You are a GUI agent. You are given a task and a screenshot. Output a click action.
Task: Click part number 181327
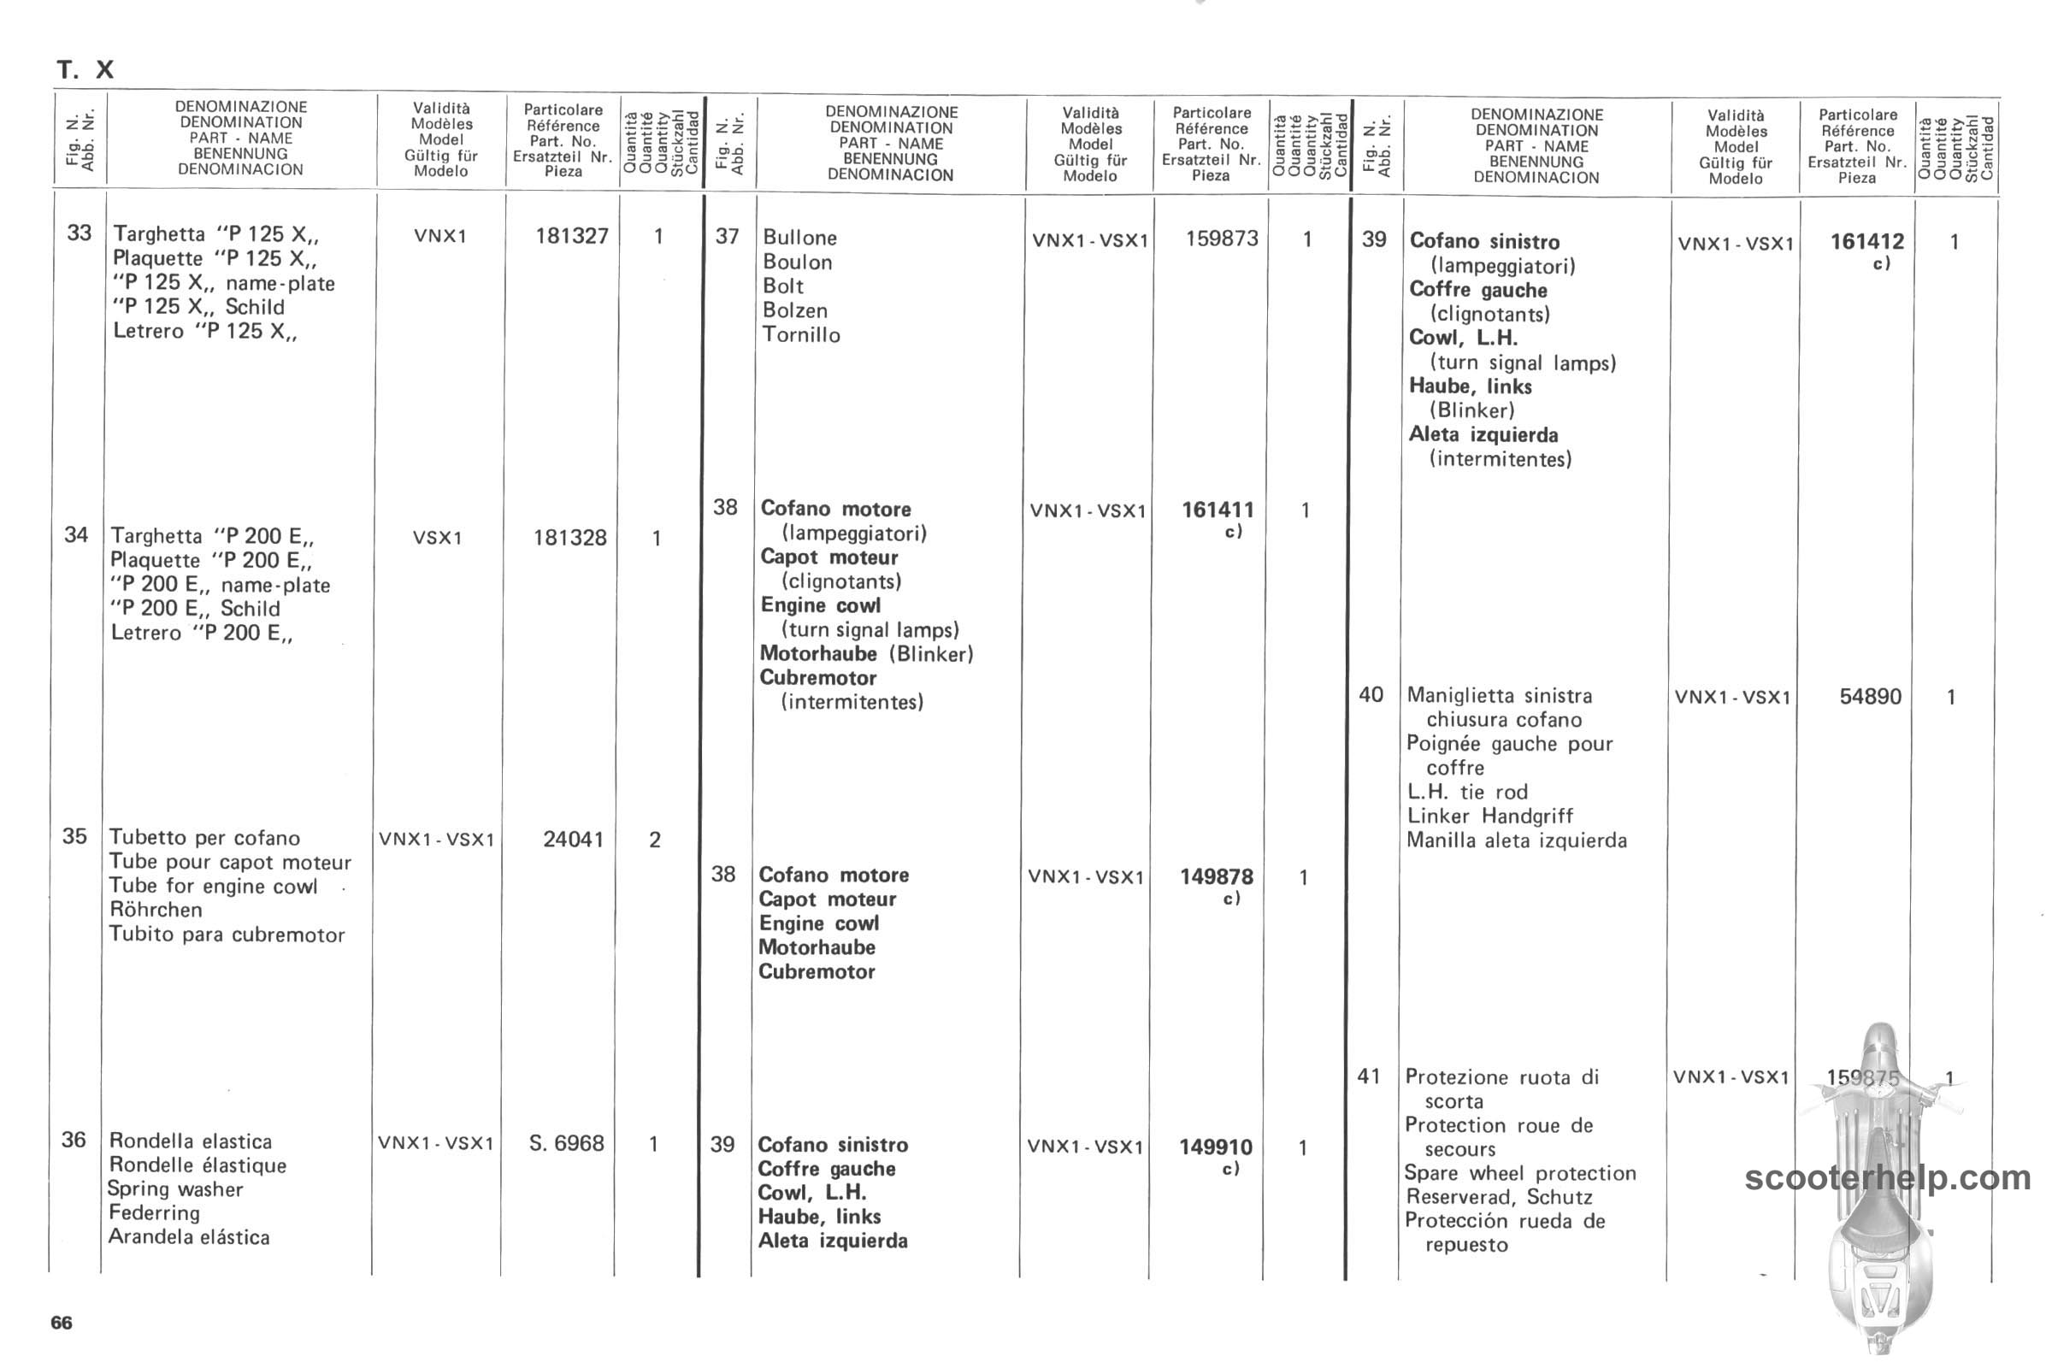tap(571, 236)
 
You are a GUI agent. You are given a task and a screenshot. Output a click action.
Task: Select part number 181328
tap(569, 538)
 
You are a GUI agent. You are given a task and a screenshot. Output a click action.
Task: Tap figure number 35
tap(75, 836)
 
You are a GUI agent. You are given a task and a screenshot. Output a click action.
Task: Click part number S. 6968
tap(566, 1143)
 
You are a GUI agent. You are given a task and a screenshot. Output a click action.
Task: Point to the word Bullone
tap(799, 238)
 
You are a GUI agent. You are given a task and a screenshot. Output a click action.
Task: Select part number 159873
tap(1222, 239)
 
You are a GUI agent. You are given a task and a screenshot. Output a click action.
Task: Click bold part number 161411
tap(1217, 510)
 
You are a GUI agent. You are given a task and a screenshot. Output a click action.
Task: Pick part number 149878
tap(1216, 877)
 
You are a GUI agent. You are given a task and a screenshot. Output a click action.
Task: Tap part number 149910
tap(1215, 1147)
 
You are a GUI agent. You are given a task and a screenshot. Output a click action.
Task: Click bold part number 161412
tap(1866, 242)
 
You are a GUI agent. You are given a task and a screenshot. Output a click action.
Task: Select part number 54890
tap(1870, 696)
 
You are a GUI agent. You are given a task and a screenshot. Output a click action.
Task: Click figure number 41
tap(1369, 1076)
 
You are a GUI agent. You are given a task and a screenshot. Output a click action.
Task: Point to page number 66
tap(61, 1323)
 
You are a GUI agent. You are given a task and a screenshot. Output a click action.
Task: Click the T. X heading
tap(85, 70)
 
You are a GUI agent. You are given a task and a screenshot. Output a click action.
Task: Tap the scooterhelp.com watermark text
tap(1887, 1178)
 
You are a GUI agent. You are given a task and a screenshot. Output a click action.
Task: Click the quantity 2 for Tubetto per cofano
tap(654, 840)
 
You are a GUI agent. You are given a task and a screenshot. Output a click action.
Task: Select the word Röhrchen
tap(156, 910)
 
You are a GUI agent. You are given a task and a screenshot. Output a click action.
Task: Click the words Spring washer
tap(174, 1189)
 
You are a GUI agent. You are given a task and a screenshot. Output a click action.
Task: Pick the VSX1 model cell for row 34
tap(437, 538)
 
